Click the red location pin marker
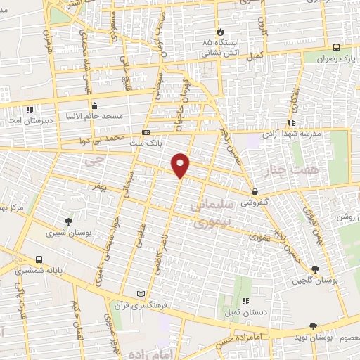coord(181,165)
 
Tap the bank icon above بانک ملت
coord(146,132)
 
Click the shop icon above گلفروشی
coord(254,191)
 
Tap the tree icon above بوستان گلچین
coord(314,269)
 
